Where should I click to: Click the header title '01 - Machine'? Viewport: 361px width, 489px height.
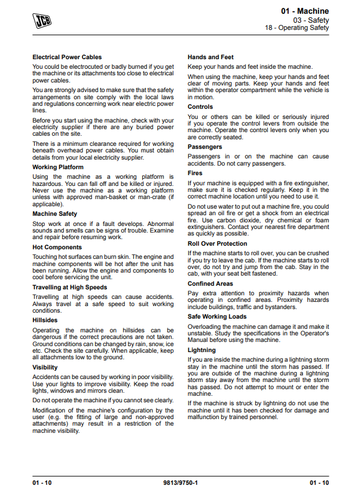305,11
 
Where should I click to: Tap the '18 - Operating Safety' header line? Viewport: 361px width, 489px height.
297,28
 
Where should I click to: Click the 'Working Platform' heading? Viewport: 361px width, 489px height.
58,167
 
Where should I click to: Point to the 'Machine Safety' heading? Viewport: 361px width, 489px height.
54,213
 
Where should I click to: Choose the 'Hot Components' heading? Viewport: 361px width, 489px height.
57,247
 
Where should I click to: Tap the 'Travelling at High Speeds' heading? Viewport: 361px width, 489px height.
70,288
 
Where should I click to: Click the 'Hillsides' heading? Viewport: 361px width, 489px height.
46,320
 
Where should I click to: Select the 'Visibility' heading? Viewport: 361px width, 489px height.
45,368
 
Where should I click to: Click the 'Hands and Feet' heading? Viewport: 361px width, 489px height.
210,57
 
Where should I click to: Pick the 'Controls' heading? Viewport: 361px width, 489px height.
200,107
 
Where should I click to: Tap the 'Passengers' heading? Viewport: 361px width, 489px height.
205,147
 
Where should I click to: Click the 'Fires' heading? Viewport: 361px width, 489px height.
196,173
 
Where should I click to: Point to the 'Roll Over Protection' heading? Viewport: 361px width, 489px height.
217,244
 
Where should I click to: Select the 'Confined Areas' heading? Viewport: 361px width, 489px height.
210,284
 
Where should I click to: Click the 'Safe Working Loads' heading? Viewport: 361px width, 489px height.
217,317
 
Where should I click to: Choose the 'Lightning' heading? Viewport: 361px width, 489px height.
202,350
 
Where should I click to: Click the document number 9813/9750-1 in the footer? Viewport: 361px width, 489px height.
180,482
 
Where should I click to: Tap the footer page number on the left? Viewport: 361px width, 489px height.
42,482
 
